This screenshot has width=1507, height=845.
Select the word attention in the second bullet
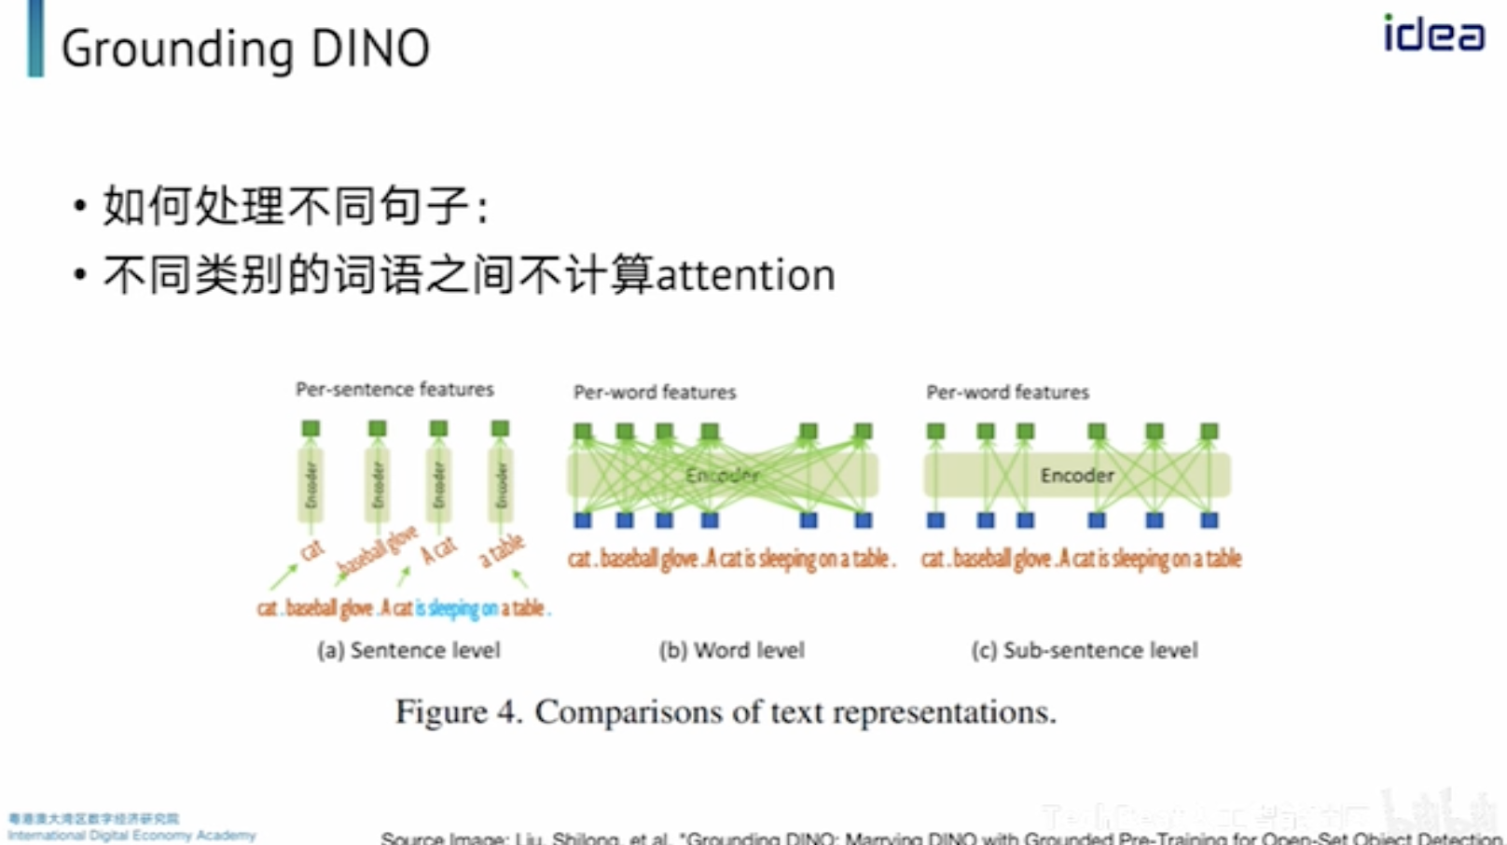(x=745, y=275)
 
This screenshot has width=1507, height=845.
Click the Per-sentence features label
(x=394, y=389)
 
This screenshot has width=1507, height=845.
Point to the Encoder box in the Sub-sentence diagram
(x=1077, y=476)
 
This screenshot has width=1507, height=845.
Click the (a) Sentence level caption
(x=408, y=650)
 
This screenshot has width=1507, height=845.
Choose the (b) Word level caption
(x=731, y=650)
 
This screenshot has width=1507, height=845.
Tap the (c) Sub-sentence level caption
(x=1084, y=650)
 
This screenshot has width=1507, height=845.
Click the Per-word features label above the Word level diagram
(x=655, y=392)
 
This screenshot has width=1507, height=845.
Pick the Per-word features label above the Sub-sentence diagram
(x=1007, y=392)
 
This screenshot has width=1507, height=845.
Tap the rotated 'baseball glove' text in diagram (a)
(x=377, y=550)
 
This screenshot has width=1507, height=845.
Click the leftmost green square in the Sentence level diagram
(x=311, y=428)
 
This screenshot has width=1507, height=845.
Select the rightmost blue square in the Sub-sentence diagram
(x=1210, y=520)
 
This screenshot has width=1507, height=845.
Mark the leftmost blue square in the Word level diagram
(x=583, y=520)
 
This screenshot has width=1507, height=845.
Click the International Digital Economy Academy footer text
(x=131, y=835)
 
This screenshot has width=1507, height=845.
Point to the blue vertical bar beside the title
(x=35, y=38)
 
